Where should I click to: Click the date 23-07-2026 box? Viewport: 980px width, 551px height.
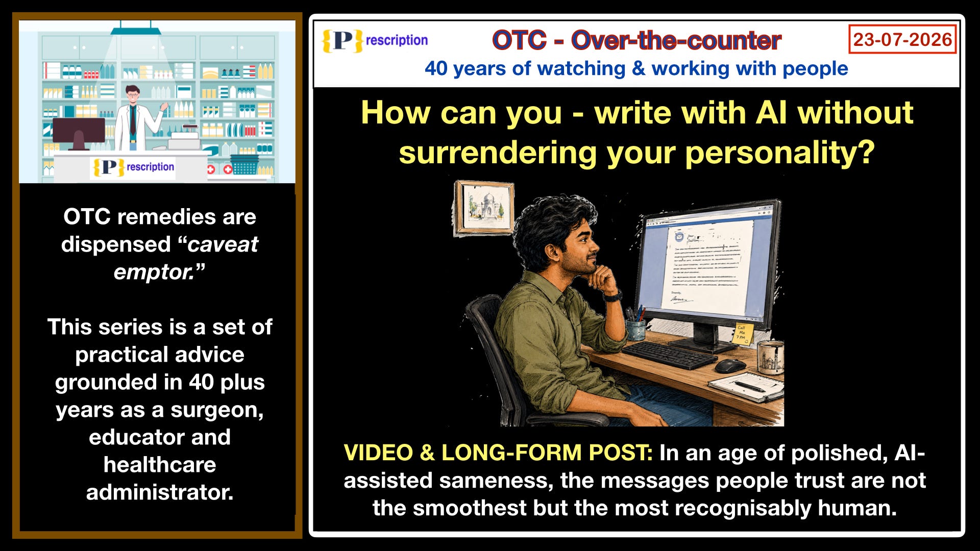(x=902, y=39)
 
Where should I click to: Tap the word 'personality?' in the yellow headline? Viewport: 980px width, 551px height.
(x=780, y=153)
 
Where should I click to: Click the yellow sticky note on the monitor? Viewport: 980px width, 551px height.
(x=742, y=333)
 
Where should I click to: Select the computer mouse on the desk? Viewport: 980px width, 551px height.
(x=730, y=365)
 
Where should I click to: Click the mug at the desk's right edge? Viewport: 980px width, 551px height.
(x=770, y=358)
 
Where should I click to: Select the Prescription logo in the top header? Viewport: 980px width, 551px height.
(x=375, y=41)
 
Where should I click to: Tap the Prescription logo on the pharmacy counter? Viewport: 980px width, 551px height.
(x=133, y=167)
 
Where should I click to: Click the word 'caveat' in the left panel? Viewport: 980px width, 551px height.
(x=223, y=244)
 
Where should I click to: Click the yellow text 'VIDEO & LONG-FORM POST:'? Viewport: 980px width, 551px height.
(x=498, y=453)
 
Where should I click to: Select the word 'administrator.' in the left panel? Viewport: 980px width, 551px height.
(x=160, y=492)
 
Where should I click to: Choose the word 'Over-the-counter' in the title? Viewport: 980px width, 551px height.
(x=676, y=40)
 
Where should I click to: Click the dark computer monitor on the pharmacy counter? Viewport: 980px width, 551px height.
(x=79, y=133)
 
